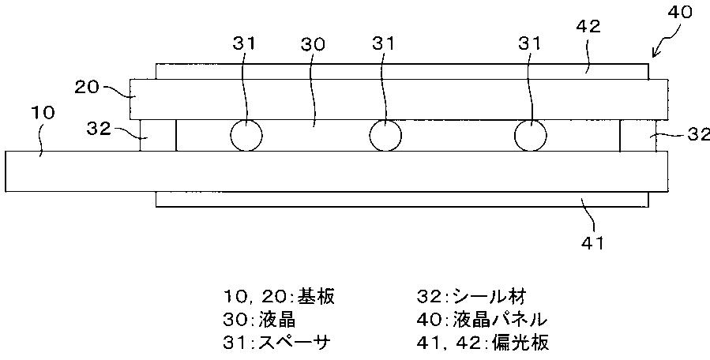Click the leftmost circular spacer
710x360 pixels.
tap(246, 136)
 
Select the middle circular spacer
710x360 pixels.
tap(385, 136)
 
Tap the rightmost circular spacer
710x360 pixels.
tap(529, 136)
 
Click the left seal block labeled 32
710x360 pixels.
tap(158, 135)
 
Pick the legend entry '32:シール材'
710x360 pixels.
tap(471, 296)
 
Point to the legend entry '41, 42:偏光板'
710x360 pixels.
tap(483, 343)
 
